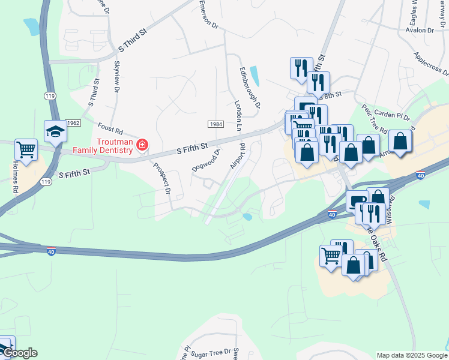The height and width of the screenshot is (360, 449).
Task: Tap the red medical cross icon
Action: coord(142,145)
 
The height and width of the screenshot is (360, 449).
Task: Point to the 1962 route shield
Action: coord(73,122)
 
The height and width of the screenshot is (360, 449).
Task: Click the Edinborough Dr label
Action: coord(250,87)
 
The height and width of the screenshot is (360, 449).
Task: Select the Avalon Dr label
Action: coord(420,29)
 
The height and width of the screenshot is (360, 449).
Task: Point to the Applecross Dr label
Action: coord(431,63)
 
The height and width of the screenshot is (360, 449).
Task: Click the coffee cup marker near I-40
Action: coord(357,202)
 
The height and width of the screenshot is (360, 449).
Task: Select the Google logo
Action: coord(19,353)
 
